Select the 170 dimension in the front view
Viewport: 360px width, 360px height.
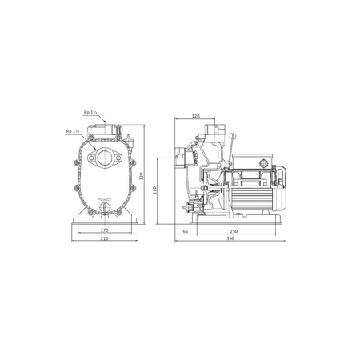pyautogui.click(x=104, y=230)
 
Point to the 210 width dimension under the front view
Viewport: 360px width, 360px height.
pyautogui.click(x=103, y=239)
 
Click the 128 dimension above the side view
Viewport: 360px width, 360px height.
pyautogui.click(x=195, y=116)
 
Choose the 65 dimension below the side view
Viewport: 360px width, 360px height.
pyautogui.click(x=186, y=230)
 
